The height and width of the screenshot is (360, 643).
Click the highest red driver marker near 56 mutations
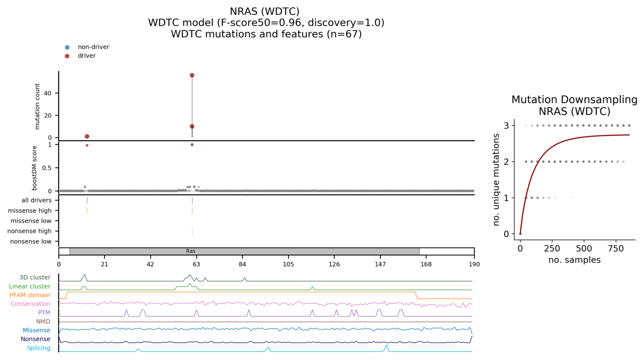pos(192,75)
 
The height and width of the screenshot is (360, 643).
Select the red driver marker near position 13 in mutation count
pos(87,136)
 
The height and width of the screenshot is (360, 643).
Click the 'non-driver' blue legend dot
pos(67,47)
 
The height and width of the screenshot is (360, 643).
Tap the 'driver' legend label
pos(87,56)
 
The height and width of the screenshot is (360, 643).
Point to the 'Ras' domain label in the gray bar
pos(190,251)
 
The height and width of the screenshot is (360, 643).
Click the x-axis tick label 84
pos(242,264)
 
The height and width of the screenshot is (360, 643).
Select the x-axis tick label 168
pos(426,264)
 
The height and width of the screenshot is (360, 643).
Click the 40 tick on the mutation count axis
pos(48,93)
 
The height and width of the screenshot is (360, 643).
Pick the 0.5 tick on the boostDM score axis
pos(47,168)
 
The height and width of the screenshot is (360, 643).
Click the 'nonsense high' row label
pos(29,231)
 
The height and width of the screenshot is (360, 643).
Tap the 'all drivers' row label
pos(37,200)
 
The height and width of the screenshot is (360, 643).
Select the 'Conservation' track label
pos(31,304)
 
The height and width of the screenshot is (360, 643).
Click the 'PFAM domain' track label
pos(30,295)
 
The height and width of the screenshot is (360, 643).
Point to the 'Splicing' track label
pos(39,348)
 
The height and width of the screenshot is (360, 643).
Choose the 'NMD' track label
pos(43,321)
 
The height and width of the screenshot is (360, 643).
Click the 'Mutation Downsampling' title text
pos(574,100)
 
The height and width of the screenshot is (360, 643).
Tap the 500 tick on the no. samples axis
pos(584,249)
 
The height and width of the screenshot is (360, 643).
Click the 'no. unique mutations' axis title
pos(496,180)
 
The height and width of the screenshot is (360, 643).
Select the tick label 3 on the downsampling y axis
pos(506,126)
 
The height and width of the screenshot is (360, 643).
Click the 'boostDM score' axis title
pos(35,168)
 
